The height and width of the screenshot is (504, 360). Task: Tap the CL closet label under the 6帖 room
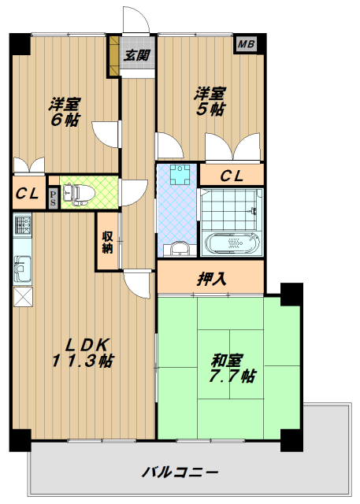tap(28, 192)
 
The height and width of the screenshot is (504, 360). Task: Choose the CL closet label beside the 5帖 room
tap(231, 176)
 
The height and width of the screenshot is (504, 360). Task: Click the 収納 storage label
tap(106, 242)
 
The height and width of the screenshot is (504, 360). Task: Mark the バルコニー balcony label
tap(180, 472)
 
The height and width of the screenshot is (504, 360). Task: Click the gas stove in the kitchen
tap(21, 228)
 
